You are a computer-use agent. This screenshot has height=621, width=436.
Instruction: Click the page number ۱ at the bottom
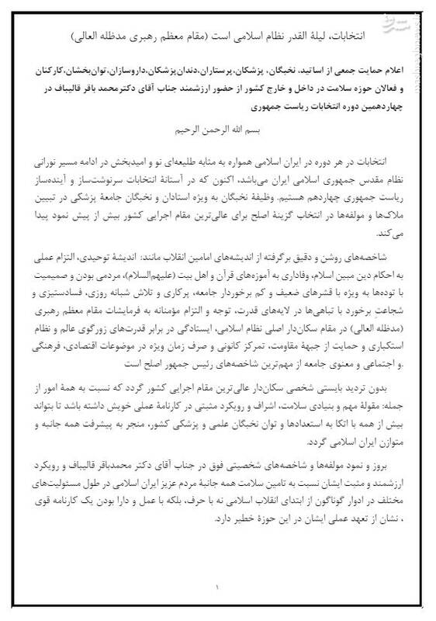click(x=218, y=587)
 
